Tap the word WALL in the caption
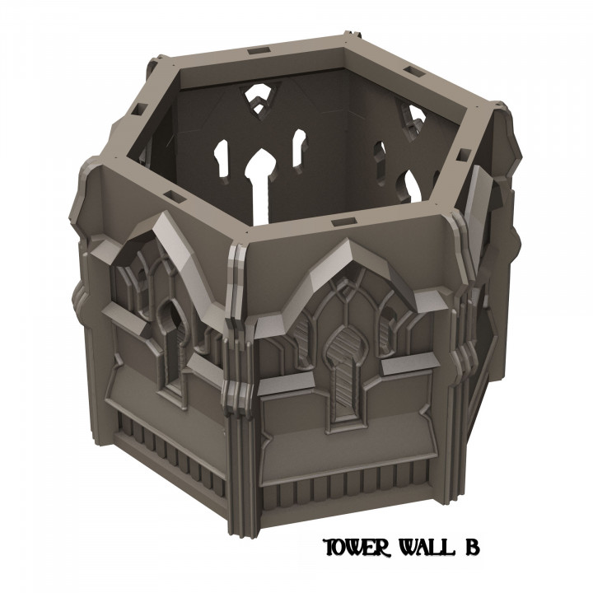point(424,548)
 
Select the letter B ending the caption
point(470,548)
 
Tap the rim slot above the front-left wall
point(175,195)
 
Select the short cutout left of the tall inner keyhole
point(221,156)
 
